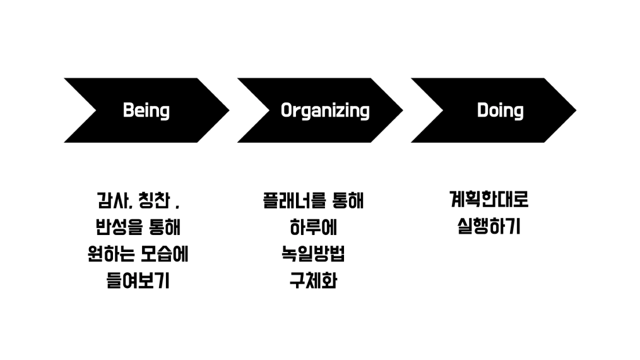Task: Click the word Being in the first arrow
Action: pos(146,111)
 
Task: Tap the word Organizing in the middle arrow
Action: pos(325,111)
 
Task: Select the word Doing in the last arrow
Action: pos(500,111)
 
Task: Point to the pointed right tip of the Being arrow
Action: pos(229,111)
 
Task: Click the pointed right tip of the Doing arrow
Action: pos(576,111)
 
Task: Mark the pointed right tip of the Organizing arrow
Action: pos(403,111)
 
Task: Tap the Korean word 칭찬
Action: pos(154,200)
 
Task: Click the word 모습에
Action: pos(165,254)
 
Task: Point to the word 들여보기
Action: pos(138,280)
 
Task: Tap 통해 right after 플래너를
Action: pos(348,200)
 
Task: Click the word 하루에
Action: pos(313,227)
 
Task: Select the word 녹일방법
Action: pos(313,254)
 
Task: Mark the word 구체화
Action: pos(313,280)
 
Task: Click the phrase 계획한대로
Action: pos(489,200)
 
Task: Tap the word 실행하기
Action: pos(489,226)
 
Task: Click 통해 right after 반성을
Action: pos(165,227)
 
